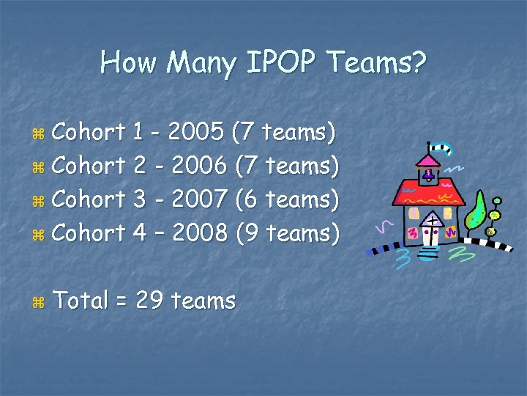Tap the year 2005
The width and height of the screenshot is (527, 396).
pyautogui.click(x=195, y=133)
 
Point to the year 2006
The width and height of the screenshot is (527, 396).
pyautogui.click(x=196, y=166)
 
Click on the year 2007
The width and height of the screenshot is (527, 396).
pyautogui.click(x=196, y=200)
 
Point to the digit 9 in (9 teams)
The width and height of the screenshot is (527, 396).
pyautogui.click(x=250, y=234)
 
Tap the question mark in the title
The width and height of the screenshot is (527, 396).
pyautogui.click(x=418, y=63)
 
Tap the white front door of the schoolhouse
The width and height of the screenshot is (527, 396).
pyautogui.click(x=432, y=232)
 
